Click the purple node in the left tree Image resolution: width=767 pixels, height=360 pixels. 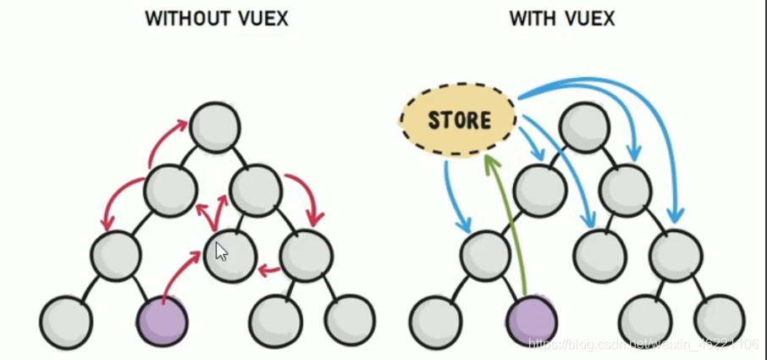click(162, 320)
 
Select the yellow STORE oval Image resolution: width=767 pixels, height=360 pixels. click(458, 119)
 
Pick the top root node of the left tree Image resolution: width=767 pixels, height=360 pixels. click(216, 127)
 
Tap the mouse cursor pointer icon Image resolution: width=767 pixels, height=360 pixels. click(221, 251)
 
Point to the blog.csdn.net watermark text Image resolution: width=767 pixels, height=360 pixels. click(643, 344)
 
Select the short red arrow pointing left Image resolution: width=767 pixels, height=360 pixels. click(269, 271)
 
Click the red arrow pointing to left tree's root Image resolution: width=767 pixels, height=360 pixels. click(166, 141)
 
